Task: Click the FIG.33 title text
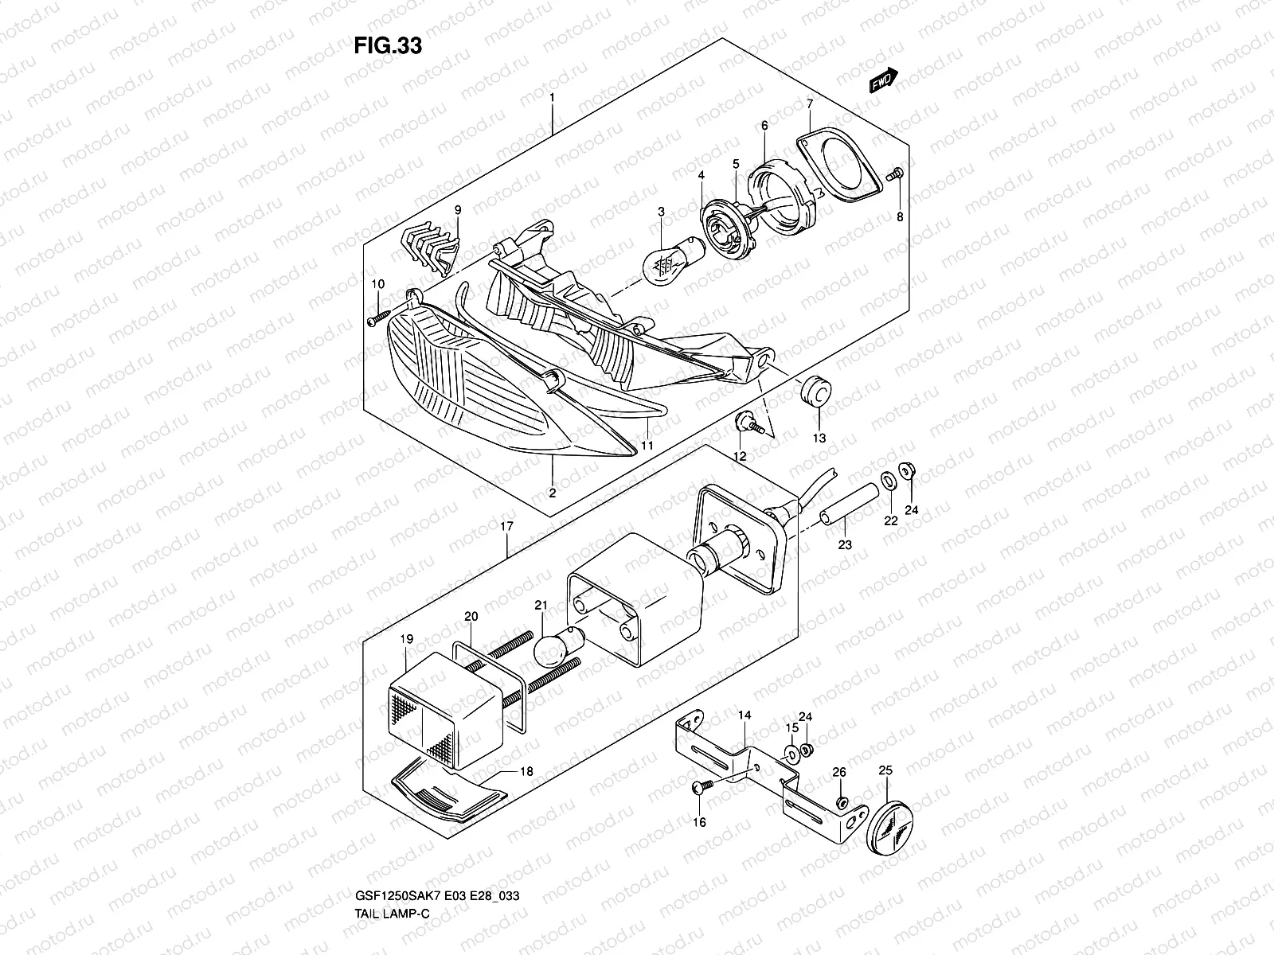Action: click(388, 46)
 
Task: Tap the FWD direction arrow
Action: click(883, 80)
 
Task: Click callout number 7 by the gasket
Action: click(809, 104)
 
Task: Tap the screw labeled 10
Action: click(377, 319)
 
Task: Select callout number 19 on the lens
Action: click(406, 639)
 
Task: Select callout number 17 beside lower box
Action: click(506, 526)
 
